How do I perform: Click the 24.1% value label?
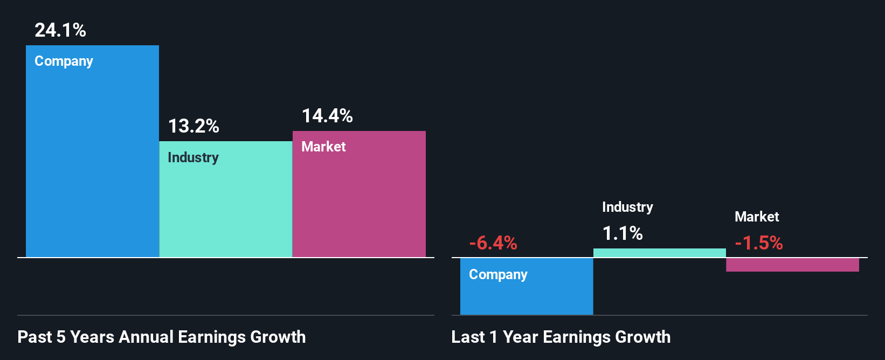(60, 30)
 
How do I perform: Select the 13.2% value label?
(193, 126)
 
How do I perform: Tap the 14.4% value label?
(327, 116)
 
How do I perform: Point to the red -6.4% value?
(493, 243)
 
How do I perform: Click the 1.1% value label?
(623, 233)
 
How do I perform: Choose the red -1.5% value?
(759, 243)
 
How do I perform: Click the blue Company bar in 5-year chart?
(92, 162)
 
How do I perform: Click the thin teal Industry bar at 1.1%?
(659, 253)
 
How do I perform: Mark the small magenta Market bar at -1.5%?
(792, 265)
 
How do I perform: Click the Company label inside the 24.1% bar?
(64, 61)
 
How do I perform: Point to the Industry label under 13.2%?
(193, 157)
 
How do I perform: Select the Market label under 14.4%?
(323, 147)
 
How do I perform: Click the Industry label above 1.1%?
(627, 207)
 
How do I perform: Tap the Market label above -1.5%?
(757, 217)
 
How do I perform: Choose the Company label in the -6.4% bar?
(498, 275)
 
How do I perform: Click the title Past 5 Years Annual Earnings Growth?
(162, 337)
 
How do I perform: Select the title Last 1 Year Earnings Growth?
(561, 337)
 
